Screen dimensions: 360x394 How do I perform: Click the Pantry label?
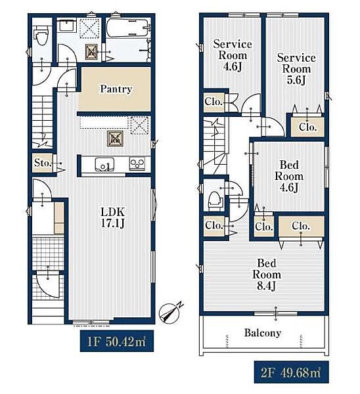(116, 89)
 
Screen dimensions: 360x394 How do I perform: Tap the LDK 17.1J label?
(112, 217)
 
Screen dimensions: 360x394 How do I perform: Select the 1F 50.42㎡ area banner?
(117, 341)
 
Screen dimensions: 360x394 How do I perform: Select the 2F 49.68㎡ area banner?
(291, 372)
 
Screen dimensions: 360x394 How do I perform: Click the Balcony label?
(263, 333)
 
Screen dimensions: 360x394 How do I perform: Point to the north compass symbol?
(170, 313)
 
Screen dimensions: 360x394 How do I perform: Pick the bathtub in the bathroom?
(127, 28)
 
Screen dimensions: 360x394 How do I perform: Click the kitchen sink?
(104, 165)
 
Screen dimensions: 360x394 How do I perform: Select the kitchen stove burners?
(137, 164)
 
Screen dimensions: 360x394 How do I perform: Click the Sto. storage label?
(43, 163)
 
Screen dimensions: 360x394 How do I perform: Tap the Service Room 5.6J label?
(296, 69)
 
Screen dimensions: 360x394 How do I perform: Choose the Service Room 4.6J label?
(233, 55)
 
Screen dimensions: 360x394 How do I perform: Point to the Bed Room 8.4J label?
(267, 274)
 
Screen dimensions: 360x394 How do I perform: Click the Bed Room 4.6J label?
(289, 176)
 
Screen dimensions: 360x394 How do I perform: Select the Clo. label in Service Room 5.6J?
(307, 127)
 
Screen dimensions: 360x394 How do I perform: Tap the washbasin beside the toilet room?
(66, 26)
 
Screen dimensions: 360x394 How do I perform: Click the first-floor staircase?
(43, 120)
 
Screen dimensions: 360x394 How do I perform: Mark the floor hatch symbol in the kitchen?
(115, 139)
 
